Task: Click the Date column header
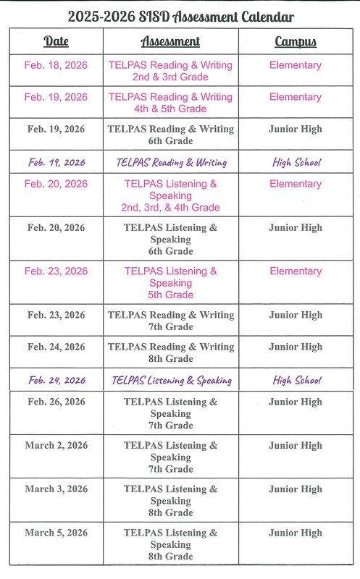coord(56,42)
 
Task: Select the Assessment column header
coord(170,42)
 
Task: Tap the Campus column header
coord(295,42)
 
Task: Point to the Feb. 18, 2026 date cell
coord(56,65)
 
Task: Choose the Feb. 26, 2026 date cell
coord(56,402)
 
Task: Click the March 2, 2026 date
coord(56,446)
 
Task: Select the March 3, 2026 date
coord(56,489)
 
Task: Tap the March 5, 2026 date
coord(56,533)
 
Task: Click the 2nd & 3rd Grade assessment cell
coord(170,71)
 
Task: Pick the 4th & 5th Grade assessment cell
coord(170,103)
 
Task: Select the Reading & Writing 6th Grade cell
coord(170,135)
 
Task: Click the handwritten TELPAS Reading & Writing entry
coord(172,163)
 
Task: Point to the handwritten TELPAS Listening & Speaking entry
coord(172,381)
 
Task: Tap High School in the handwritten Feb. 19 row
coord(296,163)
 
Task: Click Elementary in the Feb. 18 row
coord(295,65)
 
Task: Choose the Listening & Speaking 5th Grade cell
coord(170,283)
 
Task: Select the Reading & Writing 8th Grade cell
coord(170,352)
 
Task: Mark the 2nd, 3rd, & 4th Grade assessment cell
coord(170,195)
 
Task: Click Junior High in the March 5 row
coord(295,533)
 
